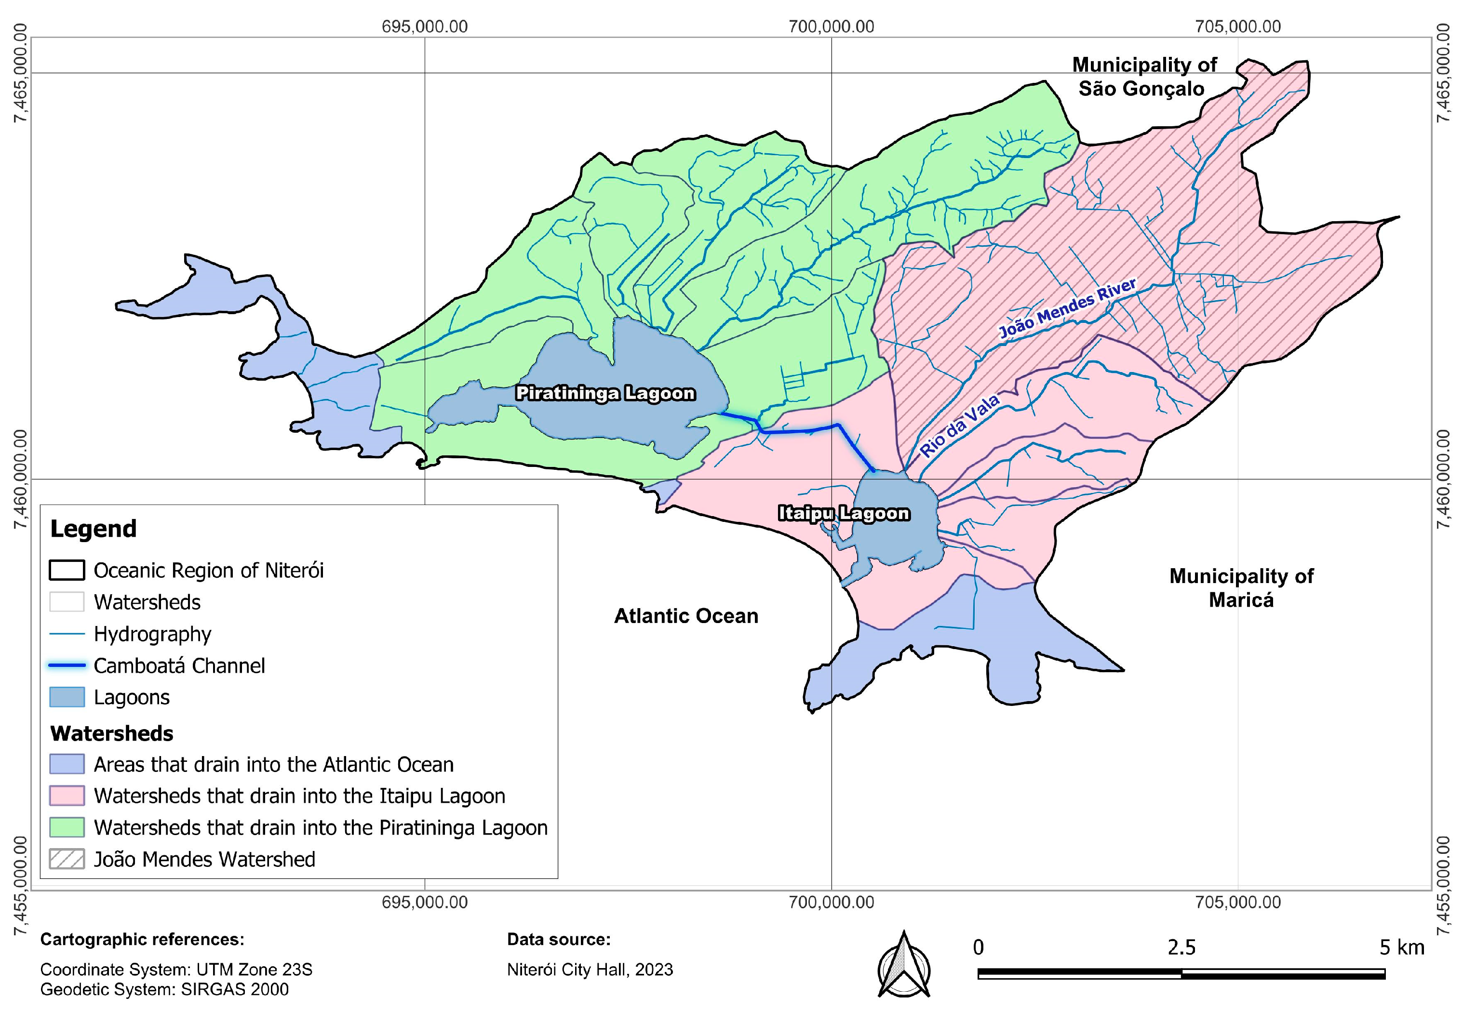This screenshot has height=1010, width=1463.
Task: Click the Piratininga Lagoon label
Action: tap(605, 393)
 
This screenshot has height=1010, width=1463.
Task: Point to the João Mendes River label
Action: tap(1067, 309)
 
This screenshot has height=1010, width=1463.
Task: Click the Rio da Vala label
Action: tap(959, 425)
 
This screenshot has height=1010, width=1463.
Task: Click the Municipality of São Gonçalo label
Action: tap(1143, 77)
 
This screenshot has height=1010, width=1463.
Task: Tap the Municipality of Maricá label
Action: tap(1241, 587)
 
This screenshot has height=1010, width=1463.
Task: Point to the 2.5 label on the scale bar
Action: tap(1181, 947)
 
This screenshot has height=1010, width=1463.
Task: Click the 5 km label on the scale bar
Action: tap(1402, 947)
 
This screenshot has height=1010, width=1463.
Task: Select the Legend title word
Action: tap(93, 529)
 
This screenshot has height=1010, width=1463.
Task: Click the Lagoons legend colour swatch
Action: tap(67, 697)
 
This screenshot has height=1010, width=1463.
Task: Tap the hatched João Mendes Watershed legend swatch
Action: tap(67, 859)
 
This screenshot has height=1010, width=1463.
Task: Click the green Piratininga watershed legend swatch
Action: tap(67, 828)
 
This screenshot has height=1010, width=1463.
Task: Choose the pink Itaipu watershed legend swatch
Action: tap(67, 796)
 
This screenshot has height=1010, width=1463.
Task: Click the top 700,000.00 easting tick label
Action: tap(831, 27)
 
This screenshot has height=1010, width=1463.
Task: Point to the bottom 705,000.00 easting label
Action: tap(1237, 902)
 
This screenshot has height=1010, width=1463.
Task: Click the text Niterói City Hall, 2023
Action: tap(590, 970)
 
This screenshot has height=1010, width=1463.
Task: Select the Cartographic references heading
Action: tap(142, 940)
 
